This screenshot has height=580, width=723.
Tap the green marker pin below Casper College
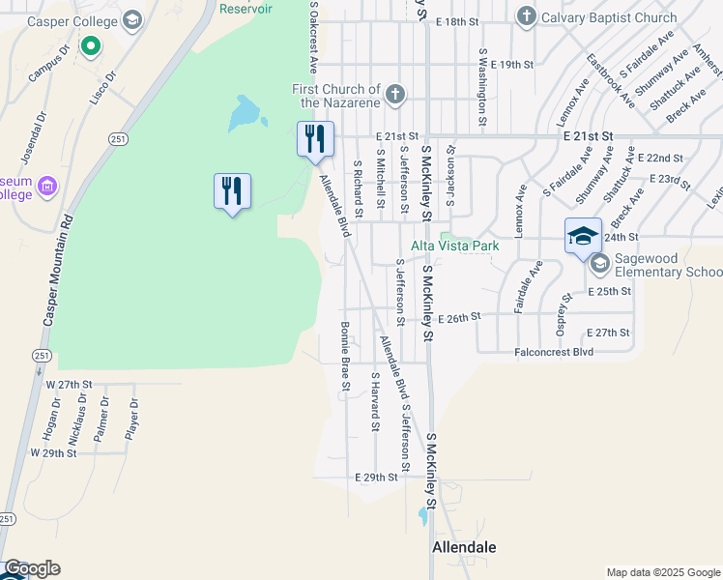(91, 44)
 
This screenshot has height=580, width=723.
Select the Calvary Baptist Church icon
(526, 16)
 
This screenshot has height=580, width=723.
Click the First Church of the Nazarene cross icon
(393, 95)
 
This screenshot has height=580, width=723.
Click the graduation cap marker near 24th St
(583, 236)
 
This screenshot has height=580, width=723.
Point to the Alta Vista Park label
(455, 246)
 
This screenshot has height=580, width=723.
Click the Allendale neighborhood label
(464, 547)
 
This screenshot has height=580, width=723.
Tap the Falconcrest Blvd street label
(554, 353)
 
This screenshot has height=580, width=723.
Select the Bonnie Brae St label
(343, 357)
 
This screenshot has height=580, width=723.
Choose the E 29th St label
(376, 478)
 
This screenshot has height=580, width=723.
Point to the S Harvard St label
(374, 400)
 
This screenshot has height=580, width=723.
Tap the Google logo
(31, 569)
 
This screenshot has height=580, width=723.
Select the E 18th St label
(457, 21)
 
